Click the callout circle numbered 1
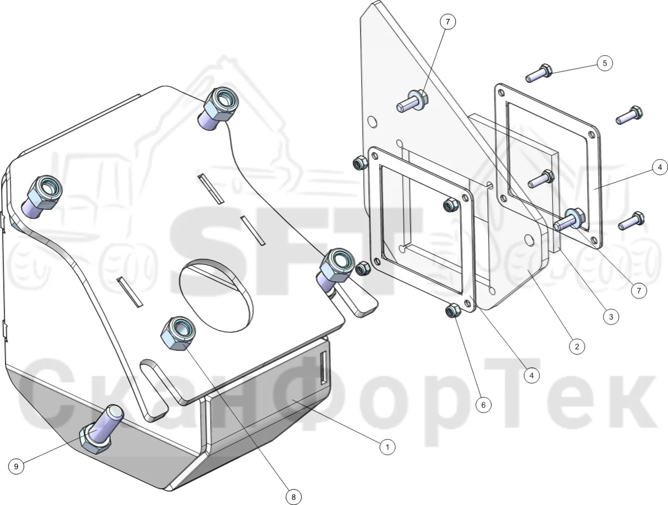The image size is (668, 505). (387, 447)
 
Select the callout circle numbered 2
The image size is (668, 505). (577, 346)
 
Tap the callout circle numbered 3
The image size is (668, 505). (611, 317)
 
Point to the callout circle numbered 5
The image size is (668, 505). (605, 63)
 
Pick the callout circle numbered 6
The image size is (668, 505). (483, 405)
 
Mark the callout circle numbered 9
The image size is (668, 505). (16, 467)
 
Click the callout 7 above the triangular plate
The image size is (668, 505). (448, 22)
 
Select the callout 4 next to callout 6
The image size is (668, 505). (532, 375)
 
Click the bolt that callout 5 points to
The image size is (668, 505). (539, 73)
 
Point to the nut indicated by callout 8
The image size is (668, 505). (178, 333)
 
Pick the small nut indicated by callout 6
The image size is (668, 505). (453, 311)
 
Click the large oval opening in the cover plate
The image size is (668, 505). (216, 296)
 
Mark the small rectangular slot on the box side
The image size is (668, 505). (324, 367)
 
